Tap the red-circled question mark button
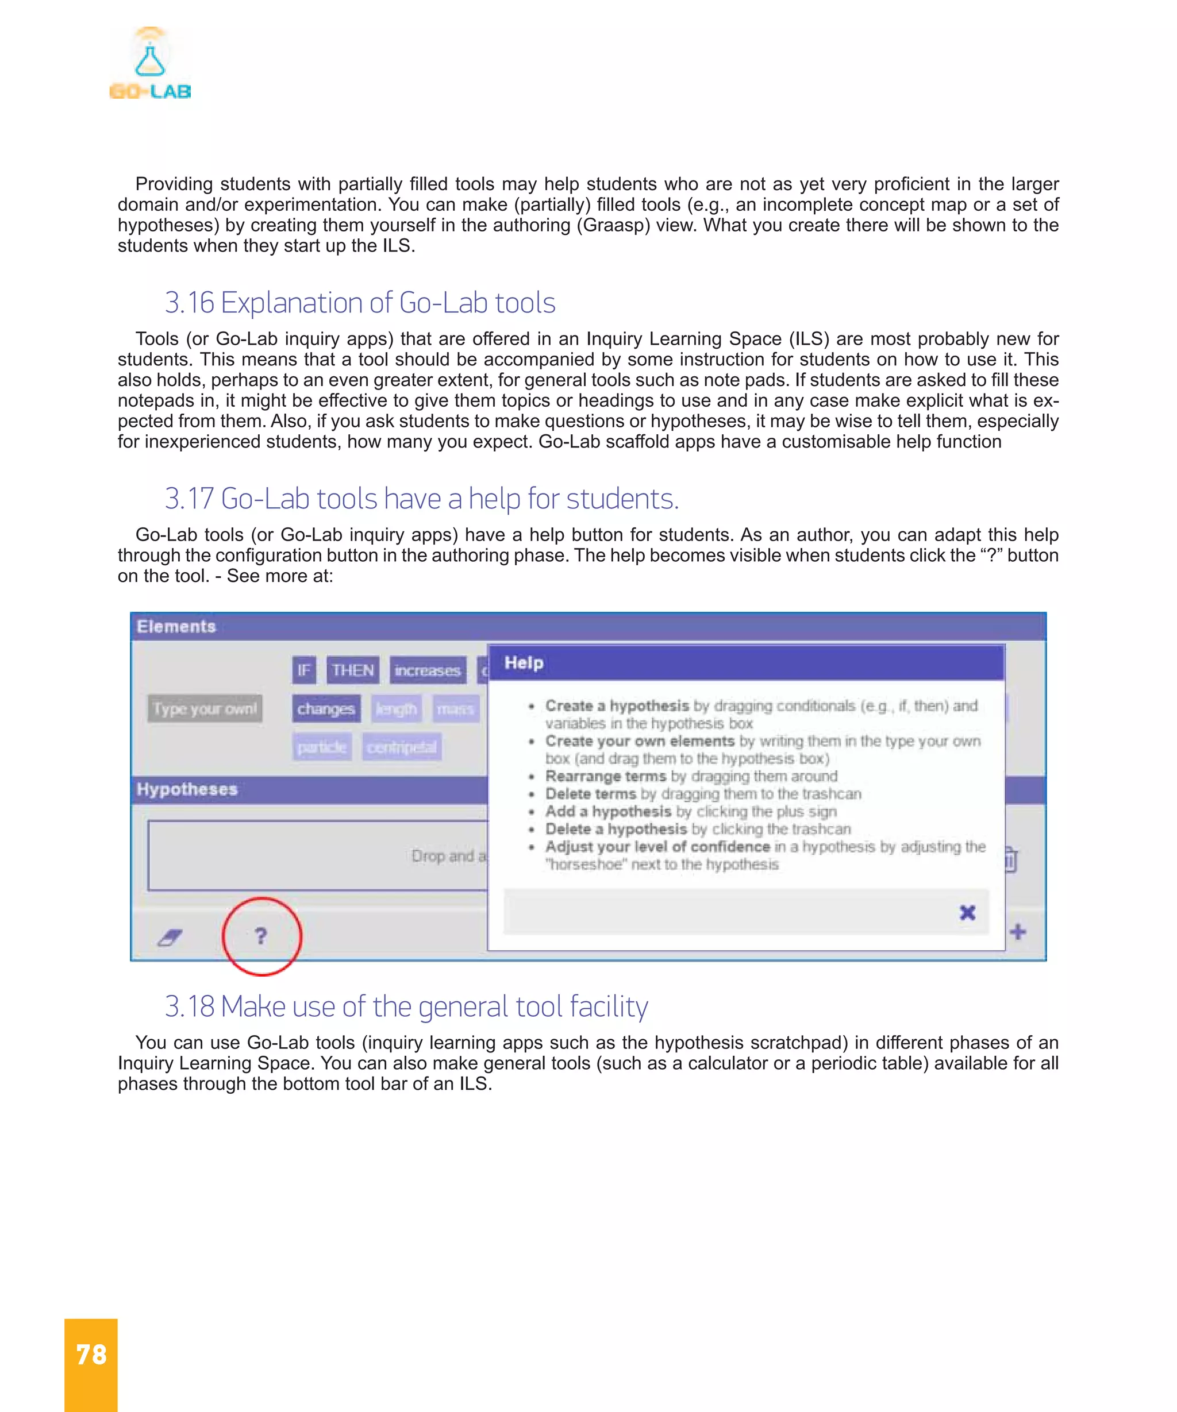[x=261, y=935]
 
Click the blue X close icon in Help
[x=967, y=912]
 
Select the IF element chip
[x=304, y=670]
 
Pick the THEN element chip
[x=352, y=670]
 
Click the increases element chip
[x=427, y=670]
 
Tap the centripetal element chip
[x=402, y=747]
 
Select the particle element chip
[x=321, y=747]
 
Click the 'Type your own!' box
[x=205, y=709]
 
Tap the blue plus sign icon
[x=1018, y=932]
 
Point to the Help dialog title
[x=524, y=663]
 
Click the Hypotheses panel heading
[x=187, y=789]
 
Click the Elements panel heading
[x=176, y=627]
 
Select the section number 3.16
[x=189, y=303]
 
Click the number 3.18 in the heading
[x=189, y=1006]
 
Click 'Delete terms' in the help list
[x=591, y=794]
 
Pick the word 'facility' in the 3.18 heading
[x=609, y=1006]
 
